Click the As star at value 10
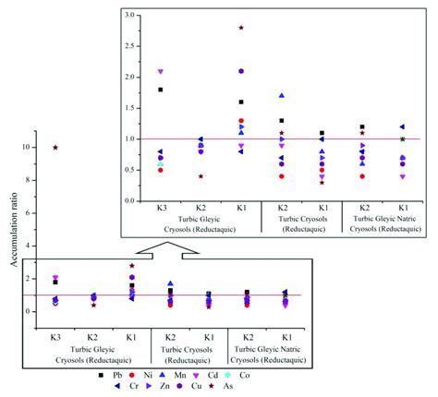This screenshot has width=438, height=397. coord(56,147)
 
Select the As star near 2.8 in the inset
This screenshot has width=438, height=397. coord(241,28)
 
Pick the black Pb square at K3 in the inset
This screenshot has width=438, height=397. coord(160,90)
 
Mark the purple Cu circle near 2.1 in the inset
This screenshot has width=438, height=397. coord(241,71)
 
